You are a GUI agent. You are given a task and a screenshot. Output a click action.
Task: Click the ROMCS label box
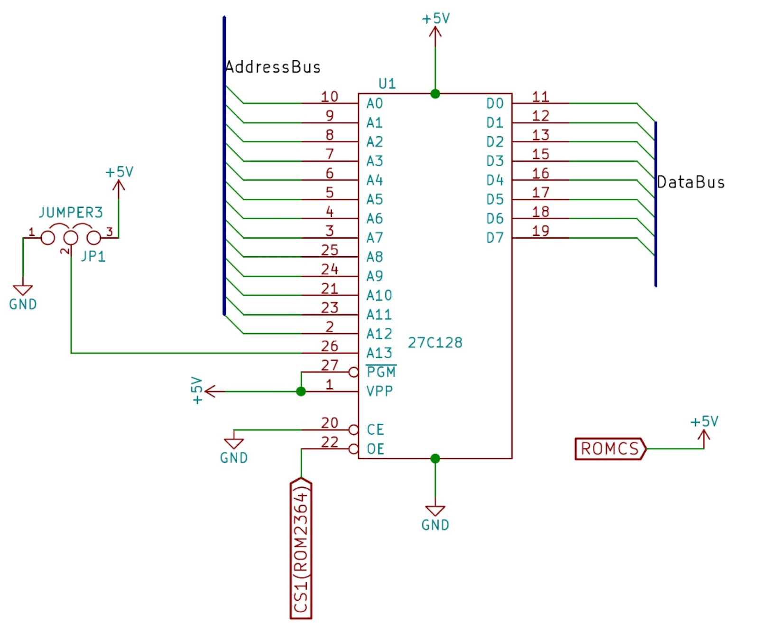610,448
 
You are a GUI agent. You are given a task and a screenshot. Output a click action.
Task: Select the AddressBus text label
273,67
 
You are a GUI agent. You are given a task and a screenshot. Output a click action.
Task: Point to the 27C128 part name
435,343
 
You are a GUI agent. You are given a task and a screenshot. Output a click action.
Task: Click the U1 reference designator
387,84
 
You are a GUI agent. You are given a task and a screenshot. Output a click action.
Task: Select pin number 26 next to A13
329,346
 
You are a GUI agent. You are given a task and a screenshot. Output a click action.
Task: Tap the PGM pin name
381,372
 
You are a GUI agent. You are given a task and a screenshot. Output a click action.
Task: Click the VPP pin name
379,391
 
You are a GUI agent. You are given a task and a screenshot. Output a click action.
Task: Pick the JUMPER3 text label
71,212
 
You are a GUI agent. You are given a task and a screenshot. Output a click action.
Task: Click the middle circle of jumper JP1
71,237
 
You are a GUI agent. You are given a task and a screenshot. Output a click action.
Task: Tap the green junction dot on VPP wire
301,391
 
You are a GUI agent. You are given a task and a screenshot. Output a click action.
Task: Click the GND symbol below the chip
435,511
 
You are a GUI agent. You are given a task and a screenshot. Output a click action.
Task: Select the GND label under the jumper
23,304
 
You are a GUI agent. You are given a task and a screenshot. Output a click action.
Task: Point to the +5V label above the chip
435,19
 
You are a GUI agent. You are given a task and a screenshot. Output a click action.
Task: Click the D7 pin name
495,238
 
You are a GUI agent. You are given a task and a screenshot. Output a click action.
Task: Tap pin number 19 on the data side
540,231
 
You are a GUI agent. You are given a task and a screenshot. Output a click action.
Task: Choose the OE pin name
375,449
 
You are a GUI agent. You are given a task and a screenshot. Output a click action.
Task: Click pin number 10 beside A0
329,97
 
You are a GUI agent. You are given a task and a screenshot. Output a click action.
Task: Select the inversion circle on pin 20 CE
353,430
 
